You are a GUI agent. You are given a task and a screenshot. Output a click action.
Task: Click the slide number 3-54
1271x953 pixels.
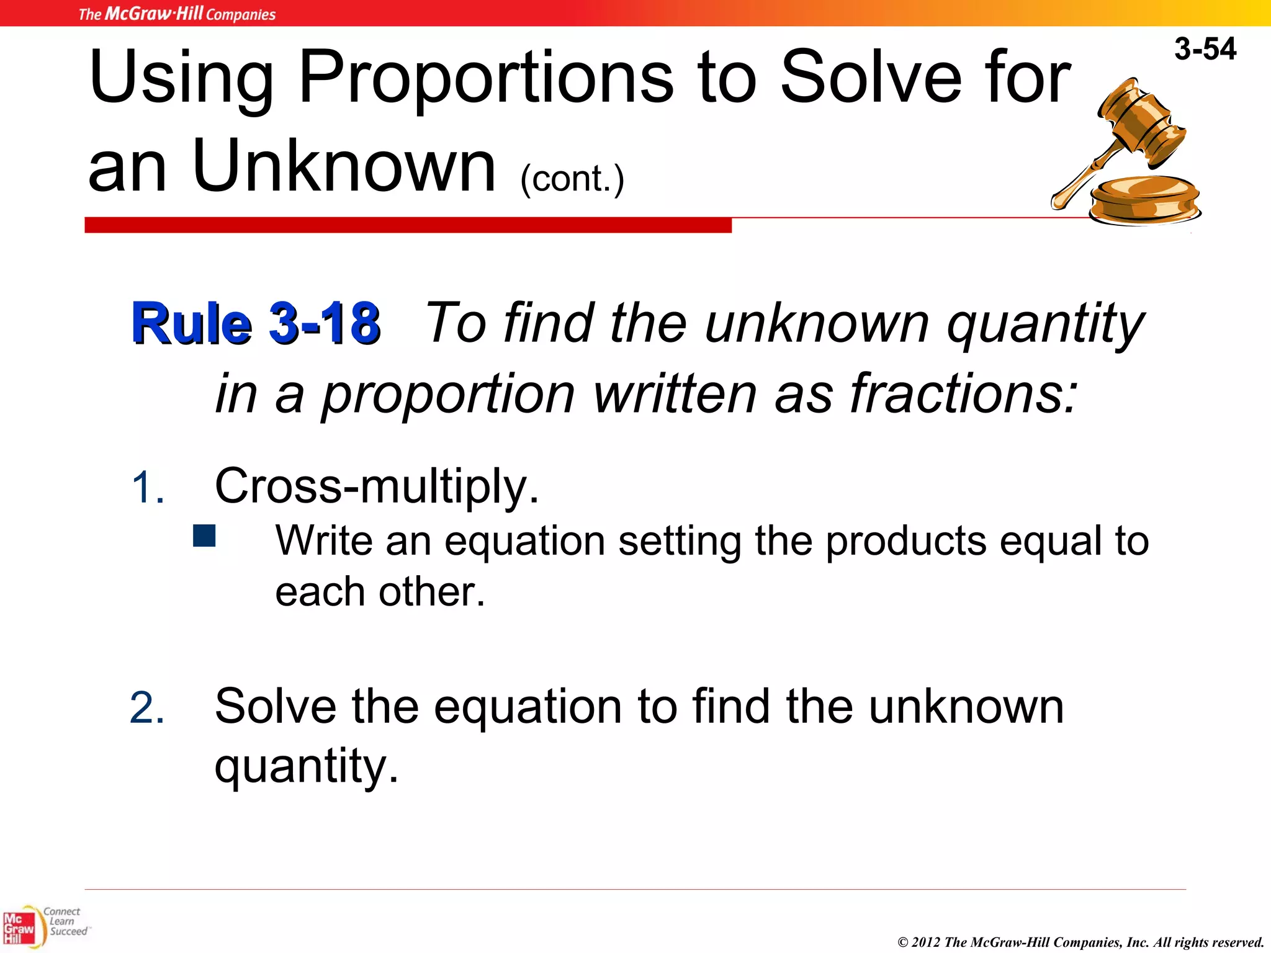pos(1205,49)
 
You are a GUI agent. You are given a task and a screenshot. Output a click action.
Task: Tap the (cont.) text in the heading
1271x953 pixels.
pos(572,179)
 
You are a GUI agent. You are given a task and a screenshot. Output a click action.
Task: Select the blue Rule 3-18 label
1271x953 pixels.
pos(256,323)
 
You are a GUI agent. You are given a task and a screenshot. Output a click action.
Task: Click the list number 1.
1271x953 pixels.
pos(148,488)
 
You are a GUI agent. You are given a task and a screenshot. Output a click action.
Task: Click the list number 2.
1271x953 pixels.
pos(148,709)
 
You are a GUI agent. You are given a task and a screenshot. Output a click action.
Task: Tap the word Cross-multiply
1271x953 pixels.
pos(376,486)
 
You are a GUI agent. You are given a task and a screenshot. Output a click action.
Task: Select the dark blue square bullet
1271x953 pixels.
pos(204,536)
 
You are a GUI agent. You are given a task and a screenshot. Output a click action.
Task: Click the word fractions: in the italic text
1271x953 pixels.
pos(963,395)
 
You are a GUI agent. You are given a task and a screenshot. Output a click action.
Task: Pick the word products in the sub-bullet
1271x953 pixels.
pos(905,541)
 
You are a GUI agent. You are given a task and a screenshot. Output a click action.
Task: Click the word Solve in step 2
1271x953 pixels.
pos(276,707)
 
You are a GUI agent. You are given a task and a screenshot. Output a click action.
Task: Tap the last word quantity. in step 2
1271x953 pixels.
pos(306,766)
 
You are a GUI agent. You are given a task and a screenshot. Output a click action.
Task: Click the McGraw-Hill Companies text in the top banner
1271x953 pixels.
pos(177,14)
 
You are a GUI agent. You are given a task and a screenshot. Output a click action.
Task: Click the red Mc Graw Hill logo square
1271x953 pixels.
pos(19,928)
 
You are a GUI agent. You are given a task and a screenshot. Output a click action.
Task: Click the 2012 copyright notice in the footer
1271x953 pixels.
pos(1080,942)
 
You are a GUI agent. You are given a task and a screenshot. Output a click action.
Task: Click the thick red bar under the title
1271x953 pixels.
pos(408,225)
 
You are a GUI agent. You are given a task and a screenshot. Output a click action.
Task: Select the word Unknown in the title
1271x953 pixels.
pos(344,166)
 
